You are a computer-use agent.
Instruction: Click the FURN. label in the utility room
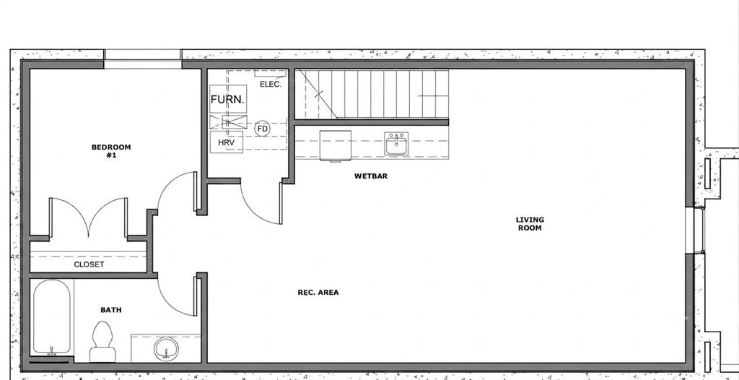(x=227, y=100)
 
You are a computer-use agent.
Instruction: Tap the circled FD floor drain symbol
(x=263, y=129)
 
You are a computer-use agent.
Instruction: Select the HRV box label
(x=226, y=142)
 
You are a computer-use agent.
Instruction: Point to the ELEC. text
(x=271, y=85)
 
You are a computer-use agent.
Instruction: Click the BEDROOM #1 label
(x=111, y=151)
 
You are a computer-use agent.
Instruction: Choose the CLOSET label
(x=89, y=265)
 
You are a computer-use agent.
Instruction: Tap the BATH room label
(x=111, y=310)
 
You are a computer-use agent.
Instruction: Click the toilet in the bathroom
(x=102, y=342)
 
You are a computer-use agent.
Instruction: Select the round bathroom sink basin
(x=166, y=349)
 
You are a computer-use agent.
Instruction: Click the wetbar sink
(x=396, y=144)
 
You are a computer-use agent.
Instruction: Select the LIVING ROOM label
(x=530, y=224)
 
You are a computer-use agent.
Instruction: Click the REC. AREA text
(x=318, y=293)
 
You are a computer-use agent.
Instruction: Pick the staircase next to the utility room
(x=372, y=94)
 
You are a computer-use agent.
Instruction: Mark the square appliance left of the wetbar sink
(x=335, y=146)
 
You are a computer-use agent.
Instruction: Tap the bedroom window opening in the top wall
(x=142, y=59)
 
